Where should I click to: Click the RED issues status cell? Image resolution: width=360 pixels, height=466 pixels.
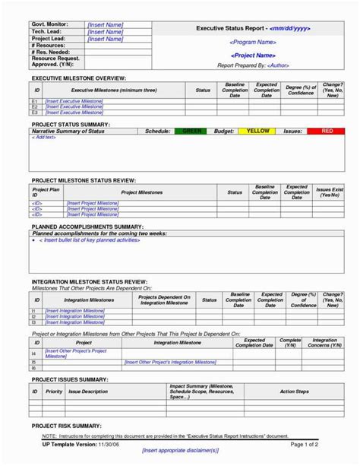tap(327, 132)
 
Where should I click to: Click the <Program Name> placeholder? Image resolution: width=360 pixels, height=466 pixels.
tap(252, 43)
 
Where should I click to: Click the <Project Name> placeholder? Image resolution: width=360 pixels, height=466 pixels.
tap(252, 55)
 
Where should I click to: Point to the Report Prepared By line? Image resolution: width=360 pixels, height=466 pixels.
tap(252, 65)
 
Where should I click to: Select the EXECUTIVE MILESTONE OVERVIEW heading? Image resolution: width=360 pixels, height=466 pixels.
tap(78, 78)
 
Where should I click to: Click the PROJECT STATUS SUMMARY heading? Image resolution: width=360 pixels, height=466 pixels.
tap(70, 124)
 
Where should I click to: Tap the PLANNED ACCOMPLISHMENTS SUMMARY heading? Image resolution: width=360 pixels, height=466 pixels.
tap(87, 227)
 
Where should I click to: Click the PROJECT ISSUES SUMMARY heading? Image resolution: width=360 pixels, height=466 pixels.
tap(69, 377)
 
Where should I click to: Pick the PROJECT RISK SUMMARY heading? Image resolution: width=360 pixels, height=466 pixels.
tap(65, 426)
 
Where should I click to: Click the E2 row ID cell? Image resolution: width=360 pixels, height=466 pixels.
tap(34, 107)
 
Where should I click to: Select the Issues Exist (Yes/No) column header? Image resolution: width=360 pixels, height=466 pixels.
tap(329, 192)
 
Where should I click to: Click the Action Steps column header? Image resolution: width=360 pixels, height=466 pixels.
tap(293, 392)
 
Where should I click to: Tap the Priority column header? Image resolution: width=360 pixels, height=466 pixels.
tap(54, 392)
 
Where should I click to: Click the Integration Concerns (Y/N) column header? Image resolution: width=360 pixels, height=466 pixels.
tap(325, 343)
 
